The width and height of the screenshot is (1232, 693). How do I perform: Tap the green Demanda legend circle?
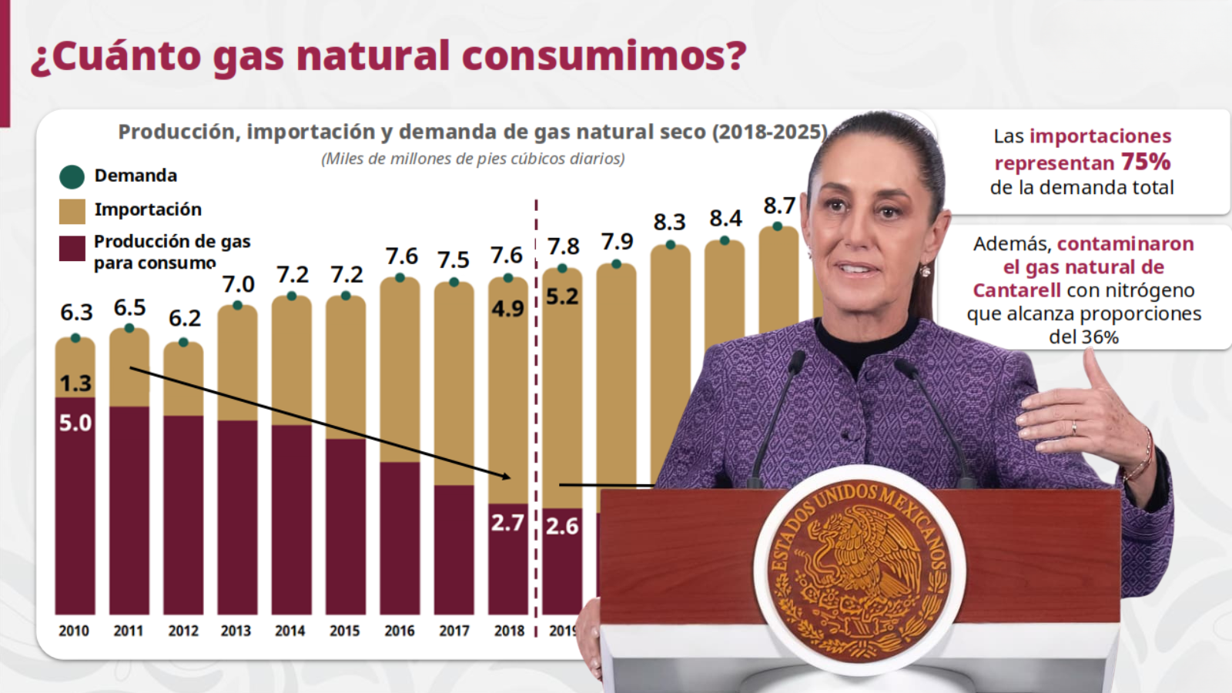click(72, 176)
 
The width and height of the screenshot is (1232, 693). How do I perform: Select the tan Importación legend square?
click(72, 211)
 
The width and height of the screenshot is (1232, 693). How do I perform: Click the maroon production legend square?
click(72, 249)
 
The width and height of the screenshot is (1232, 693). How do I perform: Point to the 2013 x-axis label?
click(236, 631)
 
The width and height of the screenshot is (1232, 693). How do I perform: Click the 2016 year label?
click(399, 631)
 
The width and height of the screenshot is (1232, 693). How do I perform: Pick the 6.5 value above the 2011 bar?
click(129, 308)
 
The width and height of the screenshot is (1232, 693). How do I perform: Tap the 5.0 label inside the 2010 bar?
click(75, 423)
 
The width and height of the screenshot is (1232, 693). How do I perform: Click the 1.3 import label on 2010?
click(75, 383)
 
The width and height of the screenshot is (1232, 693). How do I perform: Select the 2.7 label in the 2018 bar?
click(507, 523)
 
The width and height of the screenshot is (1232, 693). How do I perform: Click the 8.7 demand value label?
click(778, 206)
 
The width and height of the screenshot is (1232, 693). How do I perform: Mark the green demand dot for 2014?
click(292, 296)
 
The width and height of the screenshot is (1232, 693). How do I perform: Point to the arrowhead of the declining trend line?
click(506, 477)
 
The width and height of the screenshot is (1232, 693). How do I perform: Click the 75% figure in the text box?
click(1145, 162)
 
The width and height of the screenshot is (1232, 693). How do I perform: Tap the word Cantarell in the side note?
click(1016, 290)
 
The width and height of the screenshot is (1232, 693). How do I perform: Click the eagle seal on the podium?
click(859, 570)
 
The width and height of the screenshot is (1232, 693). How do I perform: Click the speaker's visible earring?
click(925, 270)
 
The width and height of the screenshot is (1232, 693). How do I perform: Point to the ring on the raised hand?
click(1074, 427)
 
